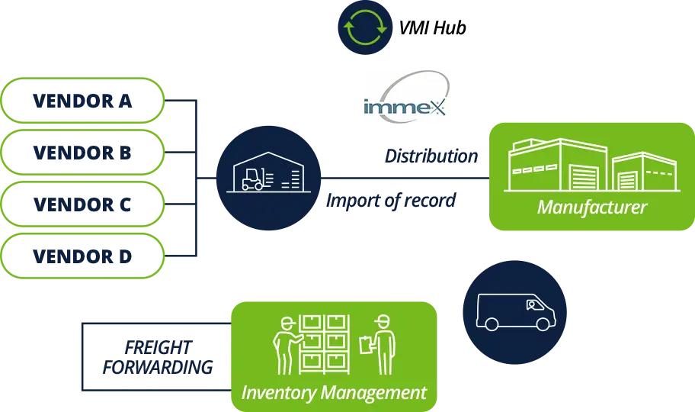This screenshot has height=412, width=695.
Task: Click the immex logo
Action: point(405,98)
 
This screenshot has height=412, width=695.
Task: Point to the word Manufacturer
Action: point(591,207)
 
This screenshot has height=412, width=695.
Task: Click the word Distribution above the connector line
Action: point(432,156)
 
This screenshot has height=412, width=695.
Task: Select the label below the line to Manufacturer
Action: point(391,201)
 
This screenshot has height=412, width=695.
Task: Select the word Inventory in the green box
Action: point(276,393)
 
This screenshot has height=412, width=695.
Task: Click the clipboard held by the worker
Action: point(366,344)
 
